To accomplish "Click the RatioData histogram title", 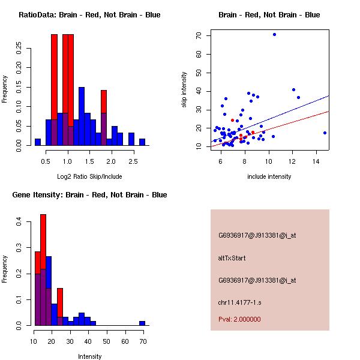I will [89, 15].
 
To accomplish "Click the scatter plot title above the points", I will [269, 15].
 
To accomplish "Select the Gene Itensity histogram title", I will [89, 195].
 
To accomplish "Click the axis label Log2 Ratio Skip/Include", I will [89, 176].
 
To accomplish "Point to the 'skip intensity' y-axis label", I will [185, 90].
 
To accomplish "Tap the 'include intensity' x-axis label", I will [270, 176].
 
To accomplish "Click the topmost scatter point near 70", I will [274, 34].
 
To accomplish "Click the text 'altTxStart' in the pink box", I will [232, 258].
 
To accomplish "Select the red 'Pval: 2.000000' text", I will [239, 319].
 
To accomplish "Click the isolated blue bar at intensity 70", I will [142, 323].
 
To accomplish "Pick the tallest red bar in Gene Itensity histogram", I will [43, 270].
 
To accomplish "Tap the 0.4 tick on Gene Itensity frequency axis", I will [19, 222].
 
